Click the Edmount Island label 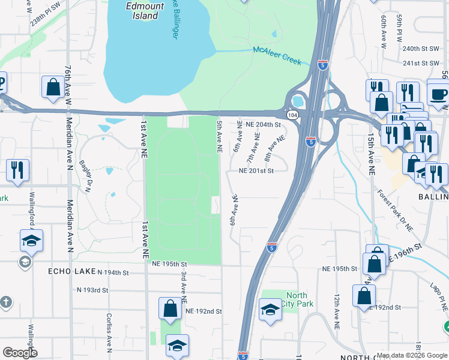tap(142, 10)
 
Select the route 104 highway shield tap(292, 114)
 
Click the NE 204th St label tap(263, 125)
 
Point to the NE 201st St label tap(256, 171)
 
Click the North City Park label tap(297, 299)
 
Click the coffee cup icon tap(438, 93)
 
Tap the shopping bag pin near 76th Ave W tap(53, 86)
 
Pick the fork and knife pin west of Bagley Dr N tap(17, 170)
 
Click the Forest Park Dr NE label tap(396, 210)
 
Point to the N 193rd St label tap(92, 290)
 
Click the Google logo tap(20, 353)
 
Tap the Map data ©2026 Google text tap(411, 355)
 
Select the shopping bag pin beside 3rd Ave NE tap(170, 308)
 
